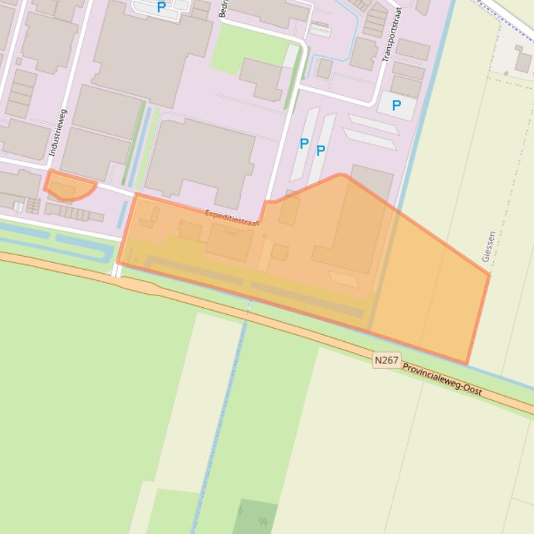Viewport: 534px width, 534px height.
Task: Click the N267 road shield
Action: click(x=386, y=360)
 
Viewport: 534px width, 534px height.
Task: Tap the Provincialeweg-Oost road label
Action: click(x=442, y=379)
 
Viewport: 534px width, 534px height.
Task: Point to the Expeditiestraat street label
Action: click(x=232, y=218)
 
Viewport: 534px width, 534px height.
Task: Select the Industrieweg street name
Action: click(x=58, y=132)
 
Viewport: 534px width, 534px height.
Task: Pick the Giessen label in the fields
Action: click(x=488, y=246)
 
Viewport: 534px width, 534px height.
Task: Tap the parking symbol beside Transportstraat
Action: click(x=396, y=105)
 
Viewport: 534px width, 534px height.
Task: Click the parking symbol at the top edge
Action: click(x=161, y=8)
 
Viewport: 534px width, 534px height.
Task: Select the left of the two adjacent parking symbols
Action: click(x=304, y=144)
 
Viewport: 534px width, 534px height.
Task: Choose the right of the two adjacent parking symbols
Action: click(x=320, y=150)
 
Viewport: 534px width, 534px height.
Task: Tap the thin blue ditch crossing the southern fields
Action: click(x=222, y=416)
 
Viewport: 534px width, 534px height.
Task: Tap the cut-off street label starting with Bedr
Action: click(x=223, y=8)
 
